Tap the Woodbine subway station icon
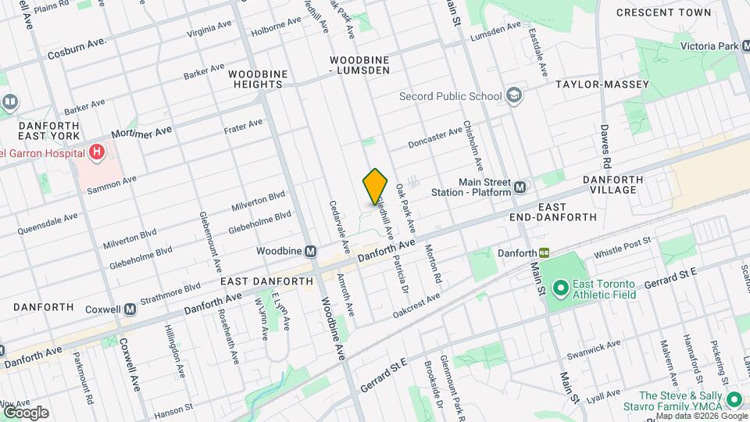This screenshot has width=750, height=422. click(x=310, y=252)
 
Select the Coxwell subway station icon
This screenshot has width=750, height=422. click(x=130, y=309)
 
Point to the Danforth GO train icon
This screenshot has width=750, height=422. click(x=544, y=253)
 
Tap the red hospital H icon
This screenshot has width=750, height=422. click(x=97, y=152)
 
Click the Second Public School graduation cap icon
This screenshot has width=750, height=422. click(x=513, y=96)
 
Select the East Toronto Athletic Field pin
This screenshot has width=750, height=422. click(x=559, y=288)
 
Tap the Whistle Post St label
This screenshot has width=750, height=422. click(x=622, y=249)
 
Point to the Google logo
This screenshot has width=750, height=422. click(x=25, y=412)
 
